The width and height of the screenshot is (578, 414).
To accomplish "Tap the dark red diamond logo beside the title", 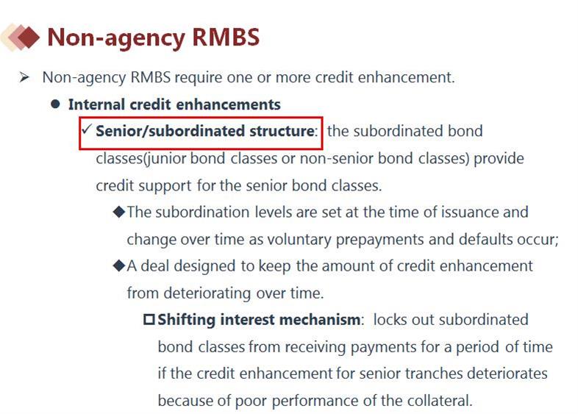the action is pos(28,37).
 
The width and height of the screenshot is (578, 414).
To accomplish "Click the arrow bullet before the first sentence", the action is pos(24,77).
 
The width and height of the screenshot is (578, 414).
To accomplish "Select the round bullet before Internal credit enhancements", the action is pos(55,104).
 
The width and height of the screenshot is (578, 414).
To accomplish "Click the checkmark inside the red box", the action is pos(87,129).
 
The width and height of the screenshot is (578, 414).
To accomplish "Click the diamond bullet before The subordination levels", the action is pos(119,212).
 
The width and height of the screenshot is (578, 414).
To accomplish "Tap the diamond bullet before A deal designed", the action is pos(119,265).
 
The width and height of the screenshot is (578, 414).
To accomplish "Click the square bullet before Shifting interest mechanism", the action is pos(149,319).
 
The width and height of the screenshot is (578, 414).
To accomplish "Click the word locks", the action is pos(390,319).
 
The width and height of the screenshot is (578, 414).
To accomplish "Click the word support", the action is pos(165,186).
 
